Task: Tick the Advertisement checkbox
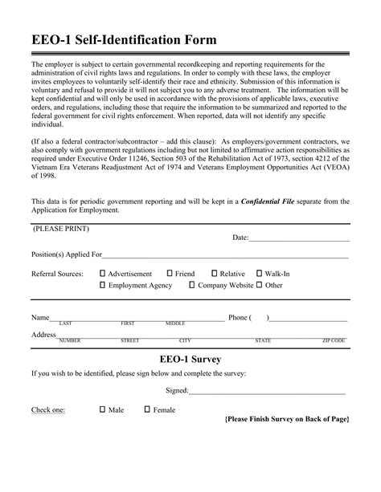(103, 274)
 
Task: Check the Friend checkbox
(170, 274)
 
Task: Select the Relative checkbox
(214, 274)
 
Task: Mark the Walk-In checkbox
(259, 274)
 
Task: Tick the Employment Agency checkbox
(103, 285)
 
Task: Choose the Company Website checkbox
(192, 285)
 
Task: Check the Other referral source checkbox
(260, 285)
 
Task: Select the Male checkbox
(103, 409)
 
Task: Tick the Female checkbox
(147, 409)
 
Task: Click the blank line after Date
(299, 239)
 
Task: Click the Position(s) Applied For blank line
(225, 257)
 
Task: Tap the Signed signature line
(267, 392)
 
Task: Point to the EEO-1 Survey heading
(190, 358)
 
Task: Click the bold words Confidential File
(272, 201)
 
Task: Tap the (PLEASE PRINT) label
(61, 229)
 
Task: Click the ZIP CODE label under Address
(334, 340)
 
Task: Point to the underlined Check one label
(48, 410)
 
